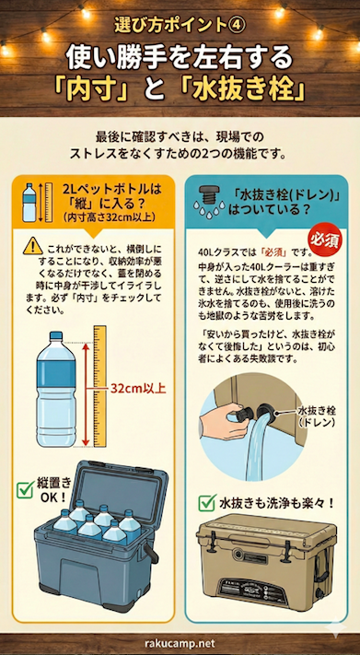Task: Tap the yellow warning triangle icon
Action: coord(34,246)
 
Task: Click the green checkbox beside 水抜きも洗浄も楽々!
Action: coord(205,503)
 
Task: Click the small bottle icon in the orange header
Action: coord(29,200)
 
